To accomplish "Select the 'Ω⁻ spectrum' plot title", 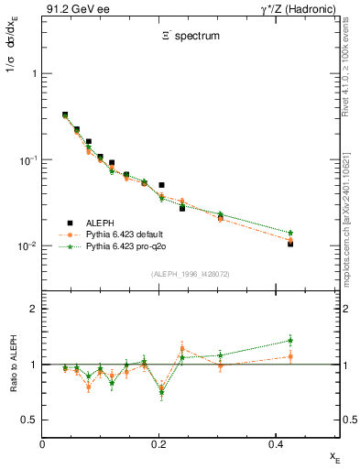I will [x=189, y=38].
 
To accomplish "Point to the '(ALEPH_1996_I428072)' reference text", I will [x=191, y=274].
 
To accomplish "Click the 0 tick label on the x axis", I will [x=43, y=444].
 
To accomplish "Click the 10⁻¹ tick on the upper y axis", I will [x=26, y=160].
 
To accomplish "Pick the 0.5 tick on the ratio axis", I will [x=28, y=420].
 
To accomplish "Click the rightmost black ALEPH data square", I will [x=290, y=244].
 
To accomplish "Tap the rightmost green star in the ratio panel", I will [x=290, y=340].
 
